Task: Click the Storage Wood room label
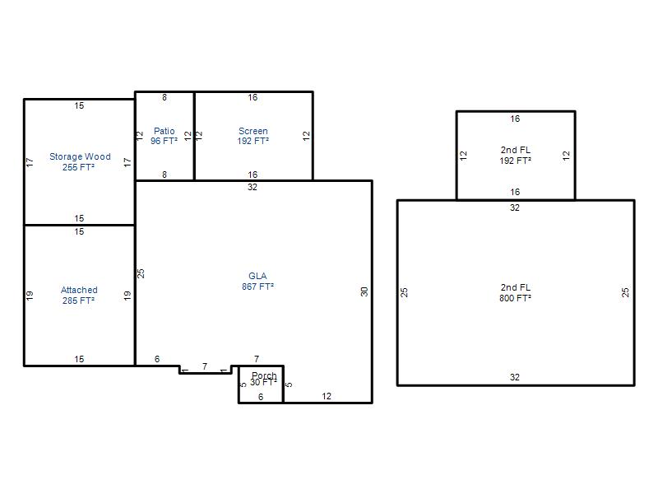pos(80,156)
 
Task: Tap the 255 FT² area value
pos(78,167)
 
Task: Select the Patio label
pos(164,131)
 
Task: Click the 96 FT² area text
pos(164,141)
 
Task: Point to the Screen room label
pos(253,131)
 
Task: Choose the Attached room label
pos(79,290)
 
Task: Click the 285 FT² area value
pos(78,301)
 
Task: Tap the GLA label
pos(257,276)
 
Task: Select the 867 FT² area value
pos(257,287)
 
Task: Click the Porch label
pos(264,375)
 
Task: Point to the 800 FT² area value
pos(516,298)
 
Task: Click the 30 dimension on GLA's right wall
pos(364,291)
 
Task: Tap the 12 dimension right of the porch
pos(327,396)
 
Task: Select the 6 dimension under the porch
pos(261,397)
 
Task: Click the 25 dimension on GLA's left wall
pos(141,273)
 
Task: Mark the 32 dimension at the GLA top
pos(253,187)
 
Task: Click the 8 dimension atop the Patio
pos(164,97)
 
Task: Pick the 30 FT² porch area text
pos(263,382)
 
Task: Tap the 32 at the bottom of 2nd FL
pos(515,377)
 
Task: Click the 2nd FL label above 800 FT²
pos(516,287)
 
